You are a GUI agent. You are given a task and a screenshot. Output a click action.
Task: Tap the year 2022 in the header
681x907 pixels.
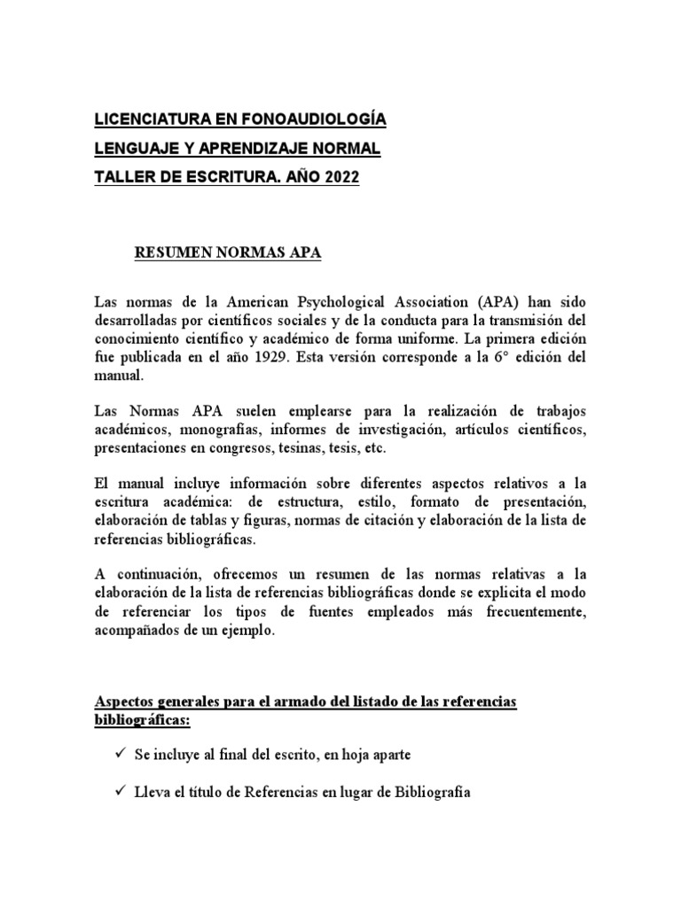click(x=340, y=178)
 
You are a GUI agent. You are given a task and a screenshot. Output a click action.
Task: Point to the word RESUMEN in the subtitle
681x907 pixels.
click(x=171, y=253)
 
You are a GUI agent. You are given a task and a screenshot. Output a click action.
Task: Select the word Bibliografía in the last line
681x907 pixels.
click(x=427, y=794)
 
